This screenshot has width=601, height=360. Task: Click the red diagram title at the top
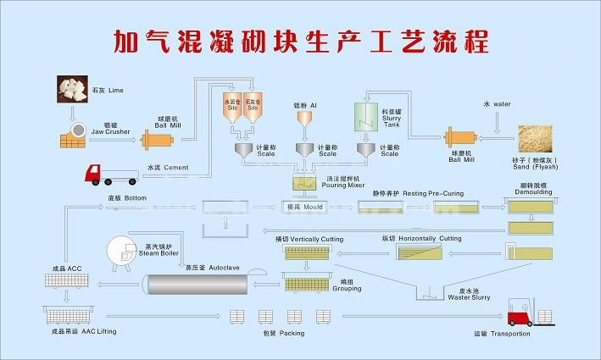coord(301,40)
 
